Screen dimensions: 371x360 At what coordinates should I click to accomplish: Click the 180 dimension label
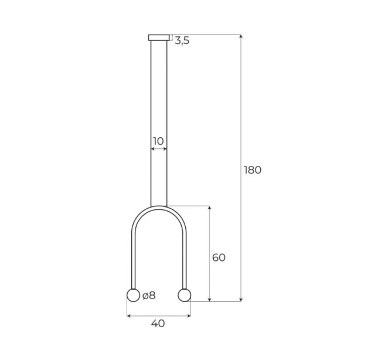coord(253,170)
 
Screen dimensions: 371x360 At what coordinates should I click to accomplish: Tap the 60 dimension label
coord(219,257)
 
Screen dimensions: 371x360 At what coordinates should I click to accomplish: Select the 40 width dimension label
coord(158,323)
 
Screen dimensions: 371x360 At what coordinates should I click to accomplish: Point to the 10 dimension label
coord(158,141)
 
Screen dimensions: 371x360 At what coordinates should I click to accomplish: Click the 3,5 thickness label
coord(182,40)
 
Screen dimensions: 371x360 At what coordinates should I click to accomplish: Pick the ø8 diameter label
coord(149,296)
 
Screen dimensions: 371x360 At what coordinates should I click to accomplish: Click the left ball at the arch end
coord(134,295)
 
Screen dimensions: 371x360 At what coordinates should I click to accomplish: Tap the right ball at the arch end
coord(184,295)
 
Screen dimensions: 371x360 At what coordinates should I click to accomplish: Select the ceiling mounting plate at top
coord(159,38)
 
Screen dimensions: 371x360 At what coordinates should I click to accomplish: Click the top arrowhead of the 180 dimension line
coord(241,36)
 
